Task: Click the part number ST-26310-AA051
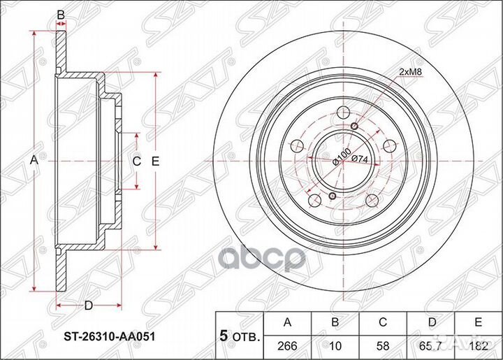pyautogui.click(x=110, y=336)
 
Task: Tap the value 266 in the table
pyautogui.click(x=287, y=346)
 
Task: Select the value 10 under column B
pyautogui.click(x=335, y=346)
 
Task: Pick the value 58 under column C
pyautogui.click(x=383, y=346)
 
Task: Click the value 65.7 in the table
pyautogui.click(x=432, y=346)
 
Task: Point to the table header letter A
pyautogui.click(x=287, y=322)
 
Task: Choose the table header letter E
pyautogui.click(x=479, y=322)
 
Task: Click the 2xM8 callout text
pyautogui.click(x=410, y=73)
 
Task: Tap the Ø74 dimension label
pyautogui.click(x=360, y=159)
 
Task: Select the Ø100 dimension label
pyautogui.click(x=342, y=157)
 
